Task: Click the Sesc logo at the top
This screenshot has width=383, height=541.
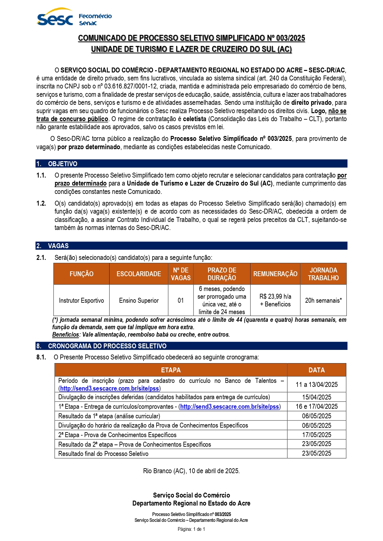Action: pyautogui.click(x=55, y=18)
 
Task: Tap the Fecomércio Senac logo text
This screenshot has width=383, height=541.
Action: pyautogui.click(x=95, y=19)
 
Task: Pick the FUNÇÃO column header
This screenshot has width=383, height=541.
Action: pyautogui.click(x=81, y=274)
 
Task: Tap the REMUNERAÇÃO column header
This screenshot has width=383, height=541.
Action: pyautogui.click(x=275, y=274)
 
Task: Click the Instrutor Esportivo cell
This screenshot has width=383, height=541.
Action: pyautogui.click(x=81, y=300)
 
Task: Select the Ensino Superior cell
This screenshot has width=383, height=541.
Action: pyautogui.click(x=139, y=300)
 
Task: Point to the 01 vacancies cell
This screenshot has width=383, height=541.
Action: pyautogui.click(x=181, y=300)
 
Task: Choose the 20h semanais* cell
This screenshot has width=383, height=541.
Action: pyautogui.click(x=323, y=300)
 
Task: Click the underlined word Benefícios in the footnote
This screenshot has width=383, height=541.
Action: pyautogui.click(x=65, y=334)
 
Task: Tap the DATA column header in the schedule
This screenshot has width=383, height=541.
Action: pyautogui.click(x=317, y=370)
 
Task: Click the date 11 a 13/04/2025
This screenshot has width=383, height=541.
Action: pyautogui.click(x=317, y=384)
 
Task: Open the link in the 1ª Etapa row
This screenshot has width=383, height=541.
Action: pyautogui.click(x=230, y=407)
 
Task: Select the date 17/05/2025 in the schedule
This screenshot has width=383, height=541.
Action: pyautogui.click(x=317, y=435)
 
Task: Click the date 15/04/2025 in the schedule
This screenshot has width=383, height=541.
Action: pyautogui.click(x=317, y=397)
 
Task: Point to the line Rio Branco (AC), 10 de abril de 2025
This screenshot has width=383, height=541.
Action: pyautogui.click(x=191, y=471)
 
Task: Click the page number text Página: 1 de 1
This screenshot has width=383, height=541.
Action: pyautogui.click(x=191, y=529)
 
